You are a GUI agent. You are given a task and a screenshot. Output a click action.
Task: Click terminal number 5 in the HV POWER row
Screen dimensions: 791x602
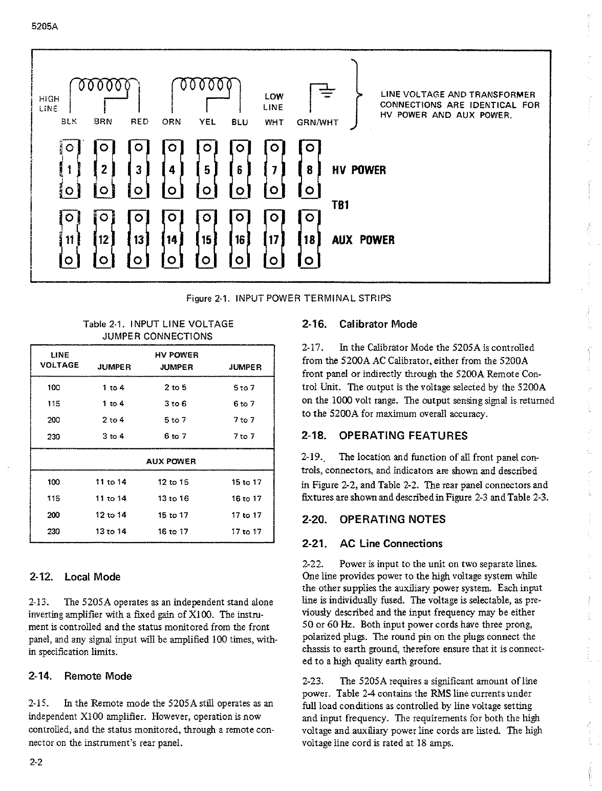[207, 170]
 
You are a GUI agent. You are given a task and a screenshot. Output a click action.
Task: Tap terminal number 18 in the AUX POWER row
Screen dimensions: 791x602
[309, 240]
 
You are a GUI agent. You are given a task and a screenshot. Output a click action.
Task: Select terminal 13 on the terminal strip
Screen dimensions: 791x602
[138, 240]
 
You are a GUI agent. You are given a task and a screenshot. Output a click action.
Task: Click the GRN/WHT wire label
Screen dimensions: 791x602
[317, 123]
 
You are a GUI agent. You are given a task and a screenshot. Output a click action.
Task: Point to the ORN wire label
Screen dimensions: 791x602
[171, 122]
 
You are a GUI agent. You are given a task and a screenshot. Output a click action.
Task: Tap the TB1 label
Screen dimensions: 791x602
[340, 205]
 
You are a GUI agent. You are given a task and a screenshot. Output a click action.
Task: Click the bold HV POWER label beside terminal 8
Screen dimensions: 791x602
[359, 170]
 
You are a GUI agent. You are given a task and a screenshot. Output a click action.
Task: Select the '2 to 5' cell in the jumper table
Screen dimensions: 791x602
[176, 388]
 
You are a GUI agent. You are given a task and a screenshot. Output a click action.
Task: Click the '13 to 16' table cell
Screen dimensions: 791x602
[174, 498]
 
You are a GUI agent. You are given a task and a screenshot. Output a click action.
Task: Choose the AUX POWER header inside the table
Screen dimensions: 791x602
[171, 462]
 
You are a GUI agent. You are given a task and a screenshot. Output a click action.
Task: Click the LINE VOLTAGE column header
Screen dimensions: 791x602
[59, 360]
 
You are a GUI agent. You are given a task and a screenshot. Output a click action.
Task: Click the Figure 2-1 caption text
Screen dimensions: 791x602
[289, 298]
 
